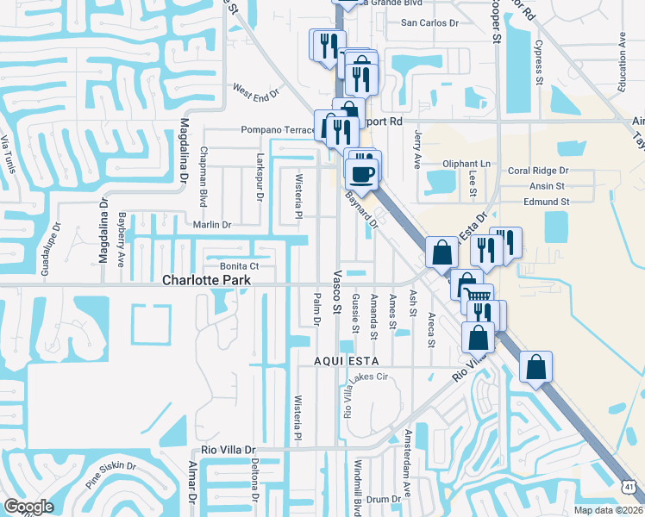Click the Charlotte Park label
(207, 281)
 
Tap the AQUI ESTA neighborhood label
(348, 359)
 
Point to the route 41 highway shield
(630, 488)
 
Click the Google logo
(28, 507)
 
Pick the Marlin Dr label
(213, 225)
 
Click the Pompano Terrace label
(278, 130)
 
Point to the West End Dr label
(255, 89)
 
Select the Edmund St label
(546, 202)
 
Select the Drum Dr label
(379, 499)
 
